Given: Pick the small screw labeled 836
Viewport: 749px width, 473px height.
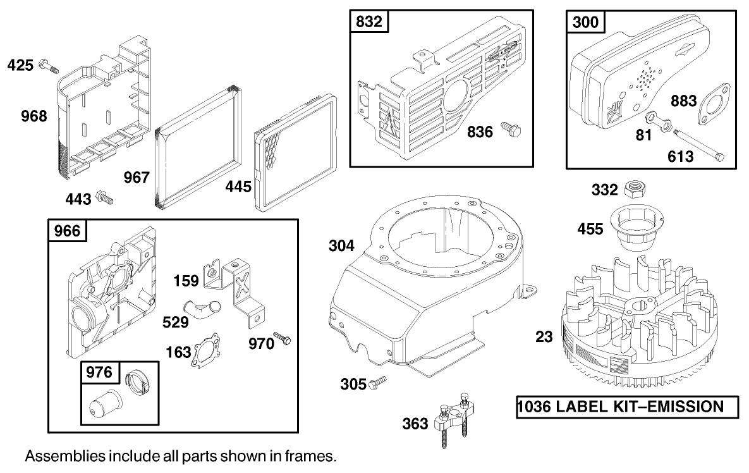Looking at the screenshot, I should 510,131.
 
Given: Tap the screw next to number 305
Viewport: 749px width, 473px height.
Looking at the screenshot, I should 378,383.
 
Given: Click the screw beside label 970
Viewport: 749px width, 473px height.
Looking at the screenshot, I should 282,339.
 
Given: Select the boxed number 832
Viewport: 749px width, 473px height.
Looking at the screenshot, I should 370,21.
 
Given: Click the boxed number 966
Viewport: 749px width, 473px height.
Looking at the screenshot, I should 68,231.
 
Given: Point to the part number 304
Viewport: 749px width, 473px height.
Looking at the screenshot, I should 341,246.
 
